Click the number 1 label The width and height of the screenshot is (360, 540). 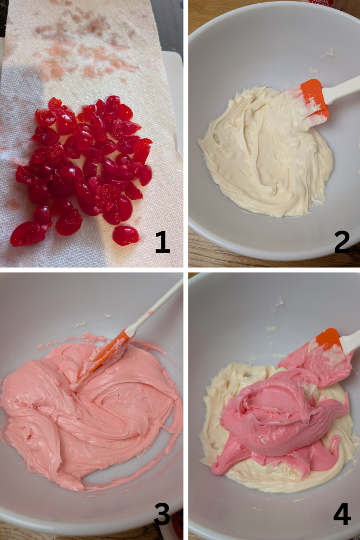point(162,242)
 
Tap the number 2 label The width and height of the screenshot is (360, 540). point(342,242)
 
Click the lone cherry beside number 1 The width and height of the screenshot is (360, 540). point(125,235)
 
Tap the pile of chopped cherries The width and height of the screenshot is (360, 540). point(86,162)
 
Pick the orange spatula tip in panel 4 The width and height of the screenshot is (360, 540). point(328,339)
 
